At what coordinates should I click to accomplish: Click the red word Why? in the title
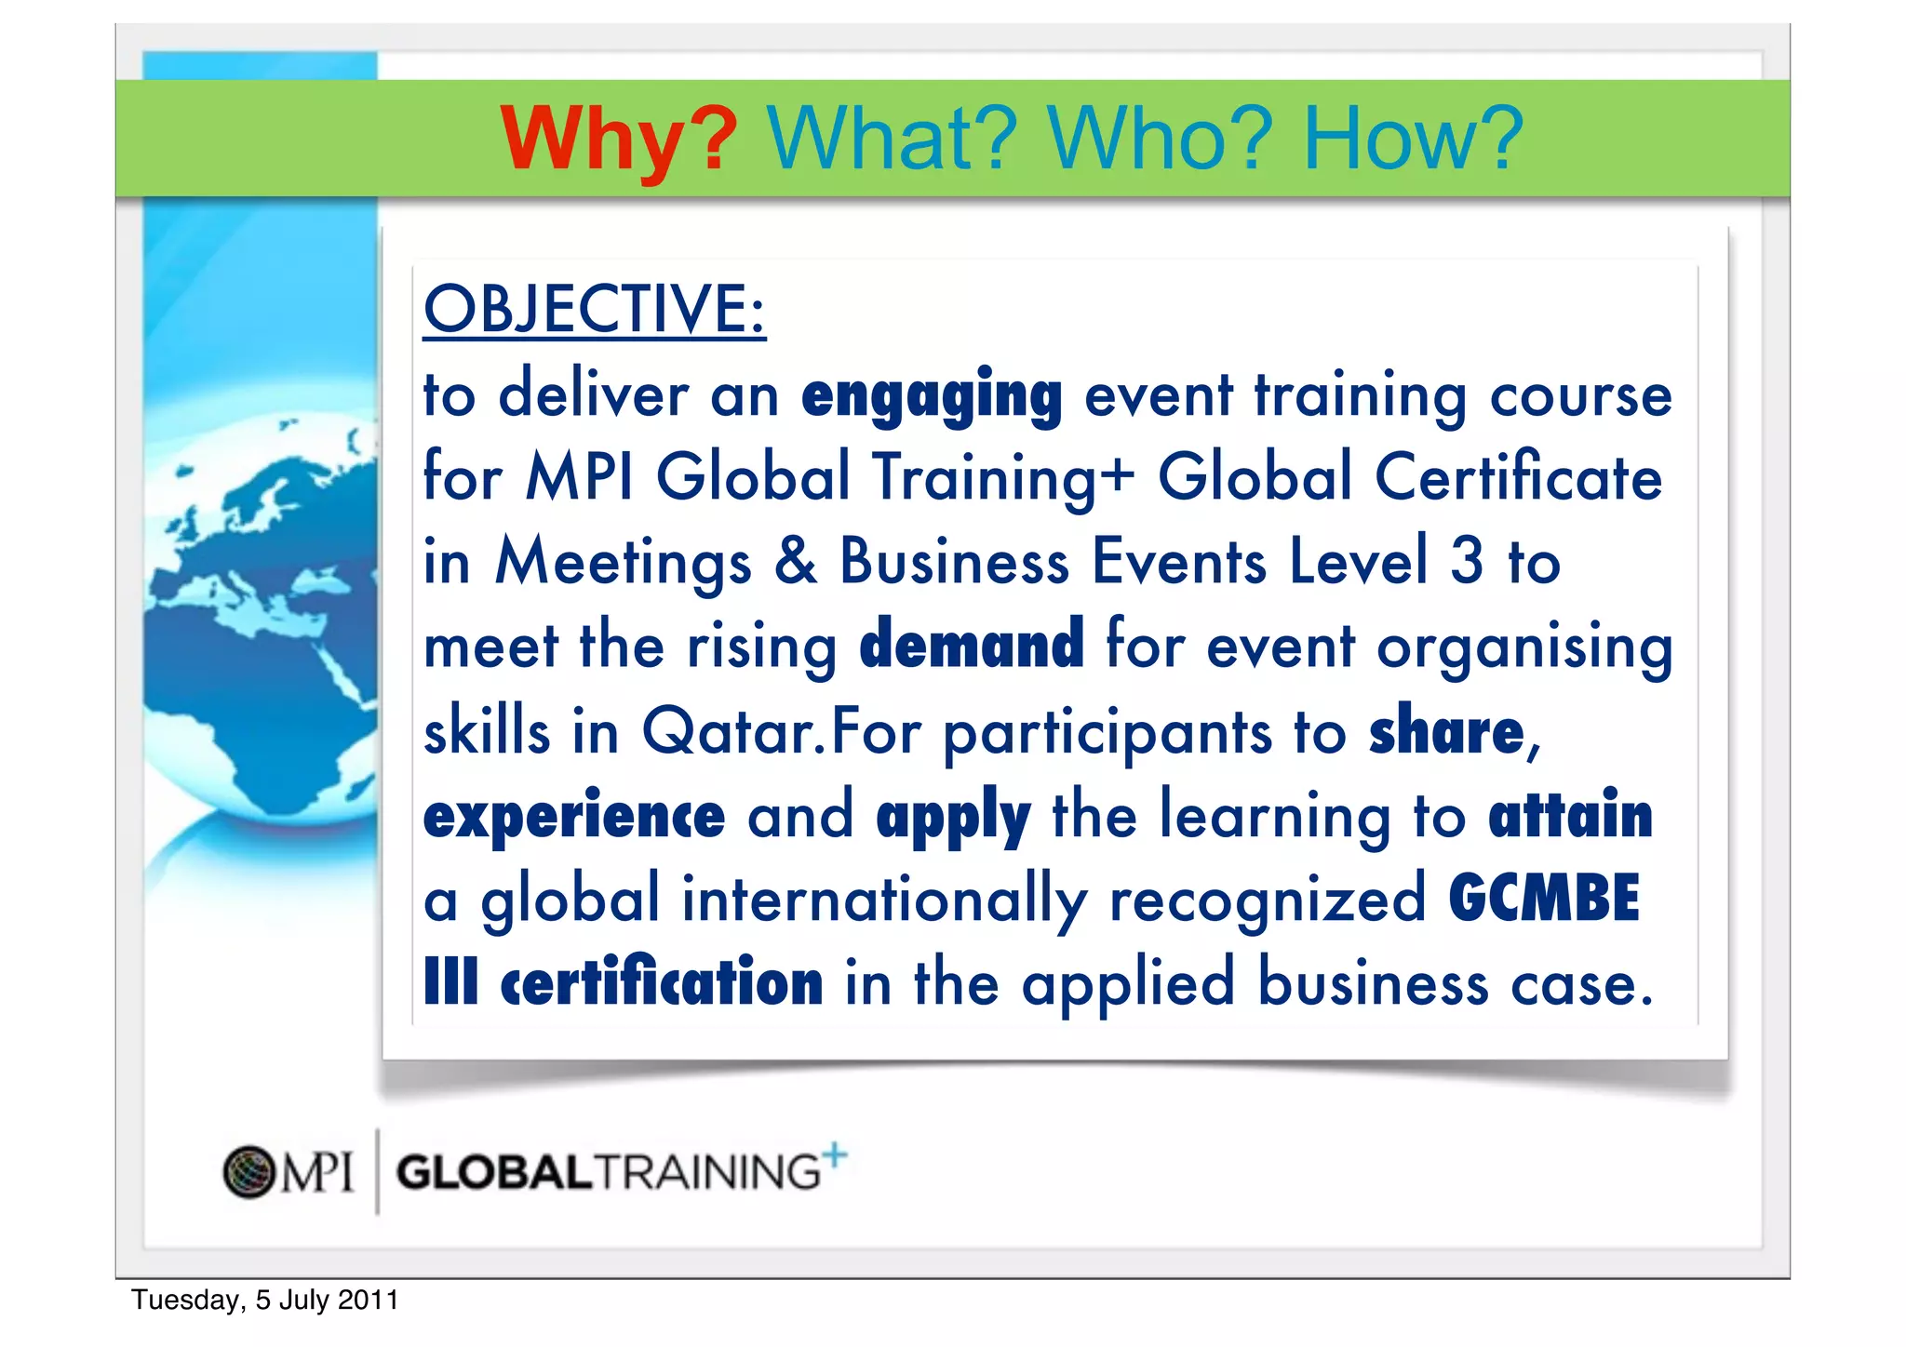pos(618,140)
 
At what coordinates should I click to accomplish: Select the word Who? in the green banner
pos(1159,140)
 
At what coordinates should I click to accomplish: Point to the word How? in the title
pos(1413,140)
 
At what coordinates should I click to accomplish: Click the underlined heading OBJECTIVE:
pos(594,309)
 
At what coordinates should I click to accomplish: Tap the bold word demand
pos(972,645)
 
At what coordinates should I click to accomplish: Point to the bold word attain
pos(1570,815)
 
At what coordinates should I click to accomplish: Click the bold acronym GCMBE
pos(1543,899)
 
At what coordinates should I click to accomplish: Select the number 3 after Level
pos(1467,561)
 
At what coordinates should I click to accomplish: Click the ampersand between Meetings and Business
pos(796,561)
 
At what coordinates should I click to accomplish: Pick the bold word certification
pos(662,983)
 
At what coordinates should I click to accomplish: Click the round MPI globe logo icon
pos(249,1171)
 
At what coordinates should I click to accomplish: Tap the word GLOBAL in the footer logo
pos(494,1172)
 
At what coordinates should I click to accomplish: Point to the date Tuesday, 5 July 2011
pos(265,1300)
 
